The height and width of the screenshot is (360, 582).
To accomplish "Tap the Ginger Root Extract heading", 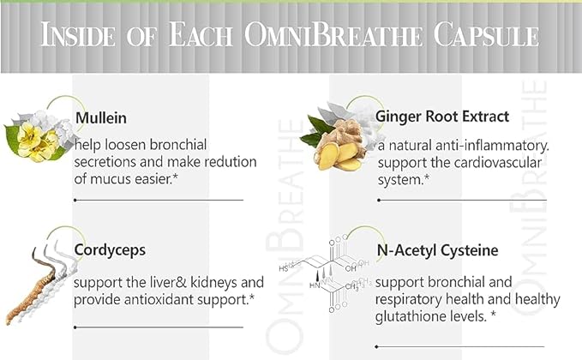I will click(x=443, y=116).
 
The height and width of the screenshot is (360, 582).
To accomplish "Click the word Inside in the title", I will click(x=85, y=36).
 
